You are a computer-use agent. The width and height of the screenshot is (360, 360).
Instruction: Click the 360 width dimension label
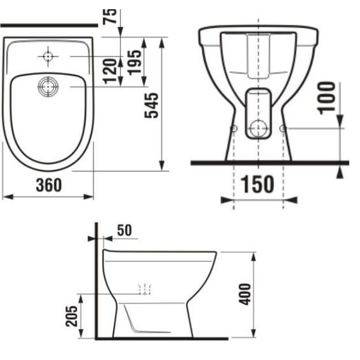[49, 185]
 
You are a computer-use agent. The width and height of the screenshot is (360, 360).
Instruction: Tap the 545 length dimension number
[151, 105]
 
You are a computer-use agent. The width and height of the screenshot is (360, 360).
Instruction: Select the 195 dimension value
[134, 63]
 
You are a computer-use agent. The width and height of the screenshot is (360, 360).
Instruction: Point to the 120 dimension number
[111, 71]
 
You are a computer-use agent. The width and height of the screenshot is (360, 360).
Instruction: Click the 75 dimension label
[109, 16]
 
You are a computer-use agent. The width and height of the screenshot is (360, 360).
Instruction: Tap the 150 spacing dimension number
[257, 184]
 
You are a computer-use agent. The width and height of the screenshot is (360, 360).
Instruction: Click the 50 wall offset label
[124, 230]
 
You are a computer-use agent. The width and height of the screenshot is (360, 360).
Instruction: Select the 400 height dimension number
[245, 294]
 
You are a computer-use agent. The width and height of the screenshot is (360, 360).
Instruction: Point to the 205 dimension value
[71, 316]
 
